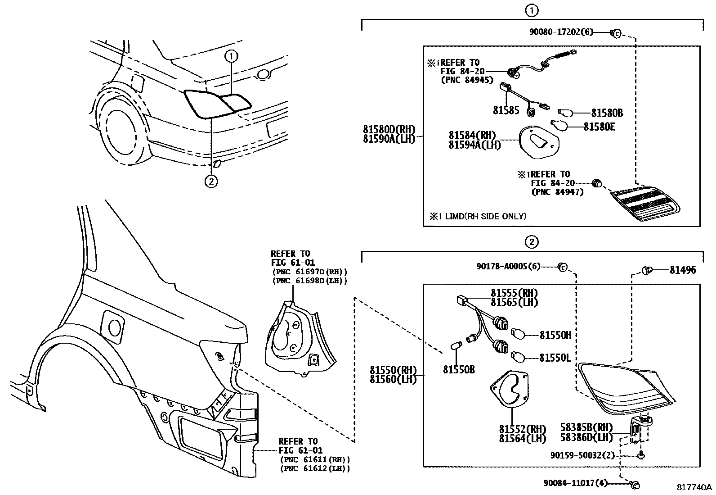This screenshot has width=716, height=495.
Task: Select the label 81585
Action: [x=506, y=110]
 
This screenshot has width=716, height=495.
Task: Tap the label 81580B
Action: [x=607, y=113]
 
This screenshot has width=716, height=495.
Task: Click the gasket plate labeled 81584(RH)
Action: [x=539, y=142]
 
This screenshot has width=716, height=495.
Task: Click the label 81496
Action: [x=682, y=270]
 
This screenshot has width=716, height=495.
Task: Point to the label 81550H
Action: [x=555, y=335]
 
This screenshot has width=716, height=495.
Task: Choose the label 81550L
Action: [x=555, y=358]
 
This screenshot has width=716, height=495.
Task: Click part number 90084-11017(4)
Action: [x=575, y=483]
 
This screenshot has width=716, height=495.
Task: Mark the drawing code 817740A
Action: [x=695, y=487]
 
